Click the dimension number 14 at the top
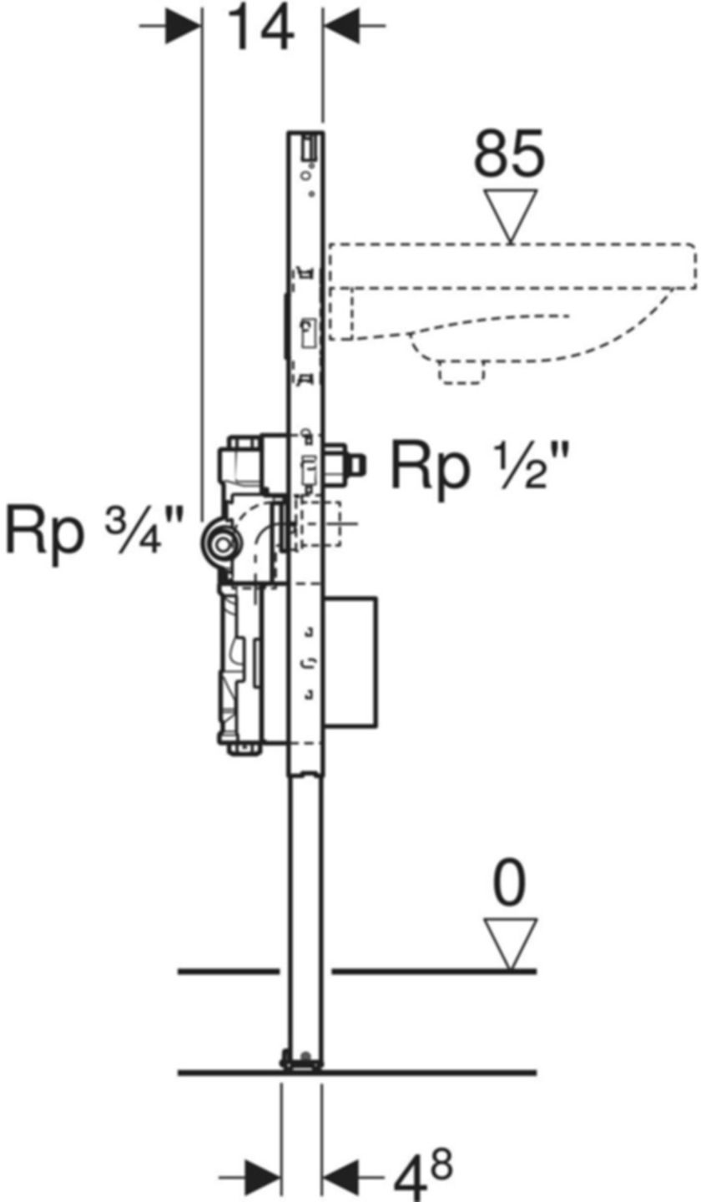(261, 30)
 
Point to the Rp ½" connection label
(481, 467)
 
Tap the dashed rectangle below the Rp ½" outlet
(320, 524)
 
